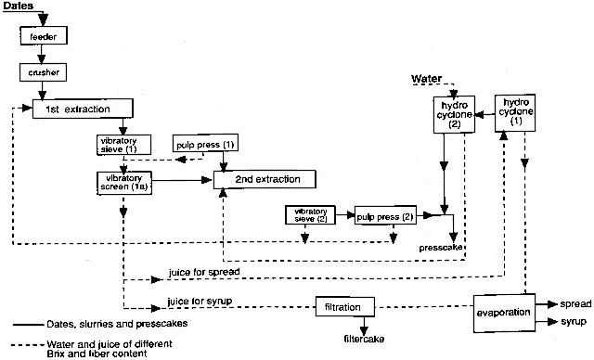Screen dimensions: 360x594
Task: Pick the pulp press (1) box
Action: (204, 145)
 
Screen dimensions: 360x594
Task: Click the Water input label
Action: (428, 81)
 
